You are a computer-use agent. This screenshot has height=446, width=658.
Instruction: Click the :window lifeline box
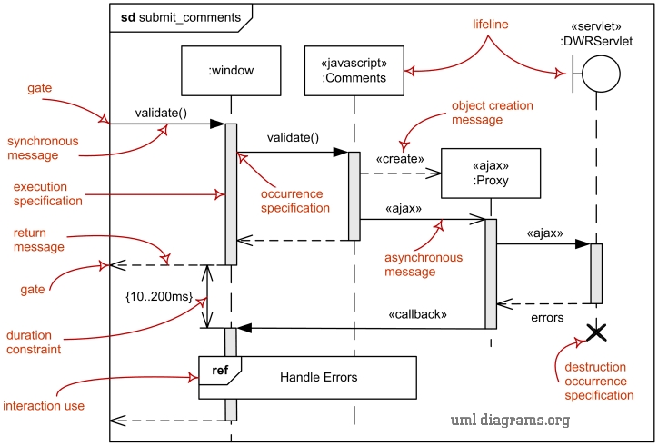231,70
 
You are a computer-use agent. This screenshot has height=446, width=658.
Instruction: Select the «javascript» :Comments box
354,70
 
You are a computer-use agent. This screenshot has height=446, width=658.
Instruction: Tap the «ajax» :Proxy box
490,173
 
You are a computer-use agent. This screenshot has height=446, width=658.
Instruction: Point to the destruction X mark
596,333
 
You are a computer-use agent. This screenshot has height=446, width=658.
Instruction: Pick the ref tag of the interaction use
220,369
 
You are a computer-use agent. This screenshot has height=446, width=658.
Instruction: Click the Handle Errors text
318,377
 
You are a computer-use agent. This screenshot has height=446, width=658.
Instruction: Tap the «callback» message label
419,314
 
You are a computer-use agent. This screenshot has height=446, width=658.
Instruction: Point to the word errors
546,318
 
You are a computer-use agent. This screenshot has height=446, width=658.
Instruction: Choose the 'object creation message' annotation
492,114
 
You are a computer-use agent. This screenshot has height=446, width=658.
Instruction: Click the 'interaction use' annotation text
45,405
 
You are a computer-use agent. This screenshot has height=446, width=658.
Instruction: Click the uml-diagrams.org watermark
510,420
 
